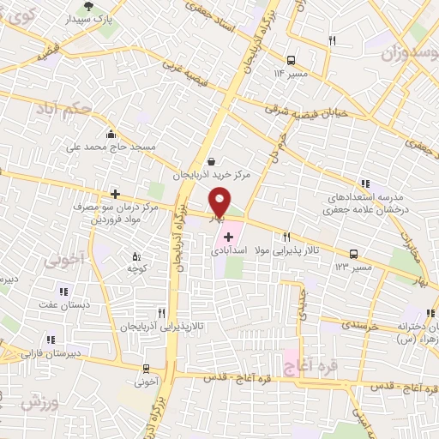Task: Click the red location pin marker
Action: (x=219, y=202)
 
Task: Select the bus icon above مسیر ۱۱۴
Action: (x=292, y=60)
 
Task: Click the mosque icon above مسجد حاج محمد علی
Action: (x=111, y=134)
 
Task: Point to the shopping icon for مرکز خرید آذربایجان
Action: (x=212, y=160)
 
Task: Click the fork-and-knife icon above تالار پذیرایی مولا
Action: (x=286, y=238)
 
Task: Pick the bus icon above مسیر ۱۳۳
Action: (x=353, y=254)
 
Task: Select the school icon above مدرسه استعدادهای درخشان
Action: (x=365, y=183)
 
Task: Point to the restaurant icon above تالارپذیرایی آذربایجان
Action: (x=160, y=314)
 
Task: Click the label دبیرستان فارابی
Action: (x=50, y=352)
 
